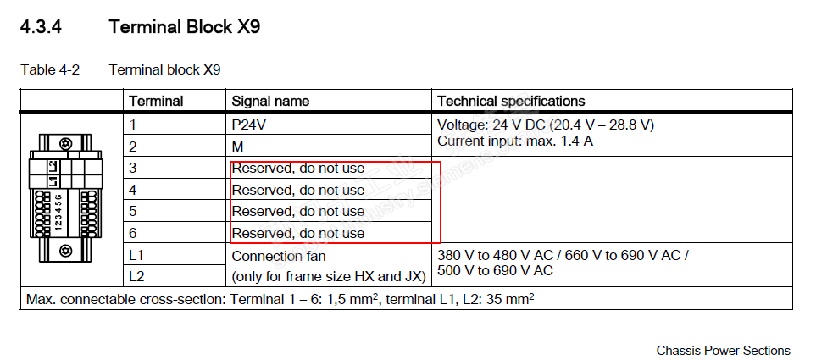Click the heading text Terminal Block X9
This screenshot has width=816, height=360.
184,28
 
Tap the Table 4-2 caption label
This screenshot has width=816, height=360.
50,69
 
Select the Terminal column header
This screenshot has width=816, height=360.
156,101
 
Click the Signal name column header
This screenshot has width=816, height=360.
270,101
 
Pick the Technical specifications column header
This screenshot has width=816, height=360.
511,101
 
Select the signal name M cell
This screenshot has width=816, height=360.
238,146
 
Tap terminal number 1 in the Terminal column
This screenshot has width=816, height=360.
133,125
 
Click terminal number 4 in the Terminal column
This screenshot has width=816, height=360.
133,190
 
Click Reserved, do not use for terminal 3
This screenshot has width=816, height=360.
298,168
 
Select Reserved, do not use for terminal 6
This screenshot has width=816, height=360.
298,233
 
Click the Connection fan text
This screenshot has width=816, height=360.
279,255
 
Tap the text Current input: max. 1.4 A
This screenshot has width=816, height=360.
515,141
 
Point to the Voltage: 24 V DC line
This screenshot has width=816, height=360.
546,125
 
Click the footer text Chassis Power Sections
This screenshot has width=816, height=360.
723,350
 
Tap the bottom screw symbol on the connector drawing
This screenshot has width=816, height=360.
65,251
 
